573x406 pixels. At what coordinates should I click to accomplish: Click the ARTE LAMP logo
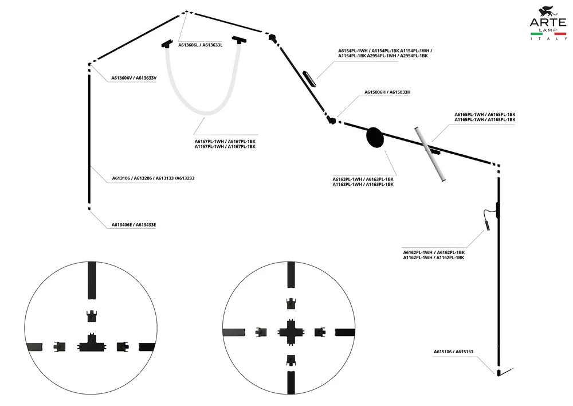548,23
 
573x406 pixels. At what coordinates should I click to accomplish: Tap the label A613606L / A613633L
200,45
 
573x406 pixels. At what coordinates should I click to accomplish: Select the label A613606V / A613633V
134,78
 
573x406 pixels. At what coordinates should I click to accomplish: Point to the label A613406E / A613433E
134,225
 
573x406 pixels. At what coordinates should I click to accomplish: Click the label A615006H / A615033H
387,92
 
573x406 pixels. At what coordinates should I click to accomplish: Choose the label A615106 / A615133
453,352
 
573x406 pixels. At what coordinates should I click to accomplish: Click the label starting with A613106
153,178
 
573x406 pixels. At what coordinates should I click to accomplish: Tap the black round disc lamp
375,138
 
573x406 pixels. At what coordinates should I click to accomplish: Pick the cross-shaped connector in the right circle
291,332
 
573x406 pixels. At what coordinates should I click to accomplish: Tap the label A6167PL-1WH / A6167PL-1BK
225,142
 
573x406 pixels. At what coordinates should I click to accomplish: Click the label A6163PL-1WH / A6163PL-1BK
363,179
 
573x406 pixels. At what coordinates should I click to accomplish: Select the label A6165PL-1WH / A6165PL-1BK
485,115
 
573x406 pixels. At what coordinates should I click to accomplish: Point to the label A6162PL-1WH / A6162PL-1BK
434,252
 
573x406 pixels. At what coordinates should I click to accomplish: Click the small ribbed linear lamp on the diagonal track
310,78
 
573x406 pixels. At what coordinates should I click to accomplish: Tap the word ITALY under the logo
549,39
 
